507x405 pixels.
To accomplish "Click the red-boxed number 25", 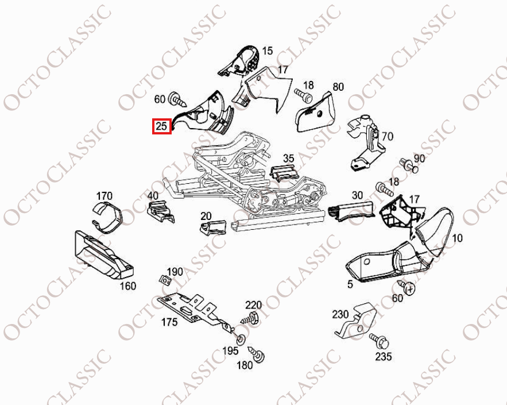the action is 161,126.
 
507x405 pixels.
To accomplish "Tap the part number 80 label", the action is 338,87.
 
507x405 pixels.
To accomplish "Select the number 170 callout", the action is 105,196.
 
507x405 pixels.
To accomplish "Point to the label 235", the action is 384,356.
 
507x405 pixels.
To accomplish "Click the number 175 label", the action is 169,322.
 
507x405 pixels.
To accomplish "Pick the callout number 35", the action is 289,158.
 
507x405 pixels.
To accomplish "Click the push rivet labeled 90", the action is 409,165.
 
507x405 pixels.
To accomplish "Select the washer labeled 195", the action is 241,340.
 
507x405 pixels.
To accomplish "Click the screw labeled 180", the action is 257,354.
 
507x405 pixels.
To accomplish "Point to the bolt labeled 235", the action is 379,341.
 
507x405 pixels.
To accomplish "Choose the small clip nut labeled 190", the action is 165,280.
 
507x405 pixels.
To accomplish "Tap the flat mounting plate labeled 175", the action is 194,311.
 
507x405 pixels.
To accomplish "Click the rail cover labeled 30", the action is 351,210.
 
